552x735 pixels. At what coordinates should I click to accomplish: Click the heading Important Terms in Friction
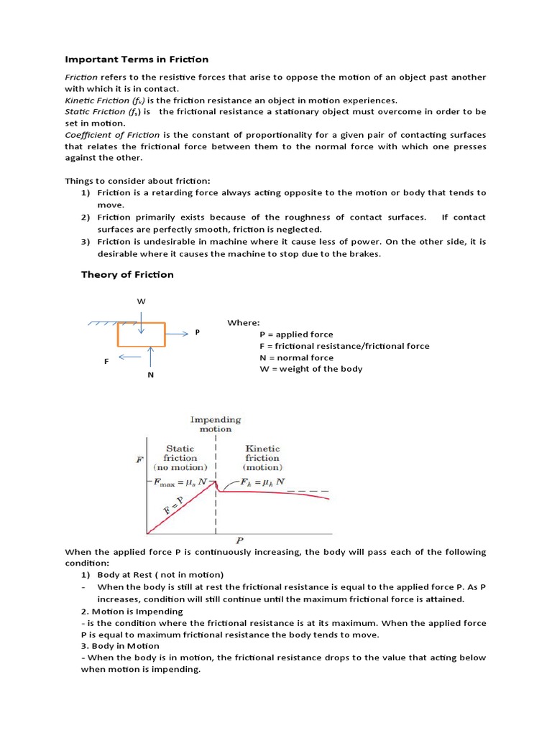tap(137, 59)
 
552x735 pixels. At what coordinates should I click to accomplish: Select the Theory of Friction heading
tap(126, 274)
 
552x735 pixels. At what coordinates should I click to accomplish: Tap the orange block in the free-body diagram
tap(141, 334)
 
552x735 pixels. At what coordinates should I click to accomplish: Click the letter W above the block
tap(141, 301)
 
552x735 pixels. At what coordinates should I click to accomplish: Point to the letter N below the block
tap(151, 375)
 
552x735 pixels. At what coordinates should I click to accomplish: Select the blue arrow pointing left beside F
tap(130, 356)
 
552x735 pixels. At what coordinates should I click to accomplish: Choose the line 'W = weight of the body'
tap(310, 369)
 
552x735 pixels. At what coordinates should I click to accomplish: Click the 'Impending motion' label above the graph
tap(216, 424)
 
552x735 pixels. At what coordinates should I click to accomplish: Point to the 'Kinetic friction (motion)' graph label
tap(262, 458)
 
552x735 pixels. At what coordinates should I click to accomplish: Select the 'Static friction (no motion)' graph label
tap(180, 458)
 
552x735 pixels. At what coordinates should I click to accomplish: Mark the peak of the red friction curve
tap(215, 482)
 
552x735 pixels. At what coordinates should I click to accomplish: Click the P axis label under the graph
tap(238, 538)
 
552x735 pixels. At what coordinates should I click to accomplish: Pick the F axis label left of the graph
tap(139, 459)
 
